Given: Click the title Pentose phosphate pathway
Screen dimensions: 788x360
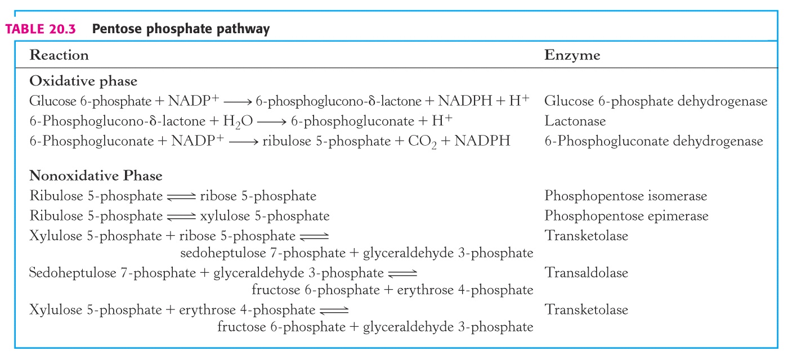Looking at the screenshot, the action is [181, 29].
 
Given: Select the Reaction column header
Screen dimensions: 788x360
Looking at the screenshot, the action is [59, 55].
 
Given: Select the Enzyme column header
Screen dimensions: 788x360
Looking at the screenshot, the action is [572, 55].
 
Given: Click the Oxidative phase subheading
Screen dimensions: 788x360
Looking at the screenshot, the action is [83, 81].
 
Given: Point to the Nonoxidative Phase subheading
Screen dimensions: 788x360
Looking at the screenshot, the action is [96, 175].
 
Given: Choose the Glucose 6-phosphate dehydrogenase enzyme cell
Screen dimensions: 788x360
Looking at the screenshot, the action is [656, 101].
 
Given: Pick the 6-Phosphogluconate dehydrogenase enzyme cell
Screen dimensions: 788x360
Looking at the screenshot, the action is [653, 141].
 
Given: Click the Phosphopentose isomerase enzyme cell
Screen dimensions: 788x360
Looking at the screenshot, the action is [625, 196].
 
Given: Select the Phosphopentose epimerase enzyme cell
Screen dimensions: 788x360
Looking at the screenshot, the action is [626, 216].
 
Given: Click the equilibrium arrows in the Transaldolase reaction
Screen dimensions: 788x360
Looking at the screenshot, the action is [402, 273].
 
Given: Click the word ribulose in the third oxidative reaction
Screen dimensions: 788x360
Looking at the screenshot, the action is [286, 141].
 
